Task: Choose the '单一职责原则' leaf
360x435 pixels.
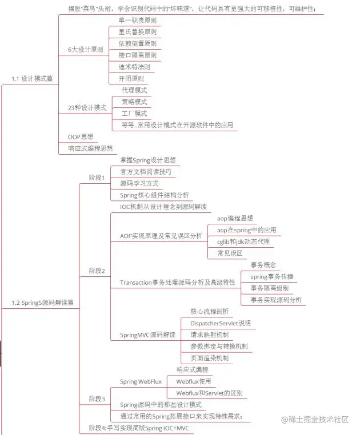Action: pyautogui.click(x=137, y=20)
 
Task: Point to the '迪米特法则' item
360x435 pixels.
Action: pyautogui.click(x=134, y=67)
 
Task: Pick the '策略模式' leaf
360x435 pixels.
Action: pyautogui.click(x=134, y=102)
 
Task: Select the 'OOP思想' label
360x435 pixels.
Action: pyautogui.click(x=81, y=137)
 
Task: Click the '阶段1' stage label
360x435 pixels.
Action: pyautogui.click(x=97, y=178)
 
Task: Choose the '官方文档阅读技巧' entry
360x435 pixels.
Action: pyautogui.click(x=145, y=171)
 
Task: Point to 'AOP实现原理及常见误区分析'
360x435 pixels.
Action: pyautogui.click(x=161, y=235)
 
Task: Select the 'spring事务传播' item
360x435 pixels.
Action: pyautogui.click(x=272, y=276)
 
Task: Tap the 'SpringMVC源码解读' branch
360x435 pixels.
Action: pyautogui.click(x=147, y=335)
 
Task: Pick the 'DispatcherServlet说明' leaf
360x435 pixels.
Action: pyautogui.click(x=220, y=323)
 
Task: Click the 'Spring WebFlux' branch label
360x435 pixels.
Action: pyautogui.click(x=141, y=381)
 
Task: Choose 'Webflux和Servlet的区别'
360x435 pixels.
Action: pyautogui.click(x=209, y=393)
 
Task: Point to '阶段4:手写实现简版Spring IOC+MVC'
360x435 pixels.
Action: pyautogui.click(x=138, y=428)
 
